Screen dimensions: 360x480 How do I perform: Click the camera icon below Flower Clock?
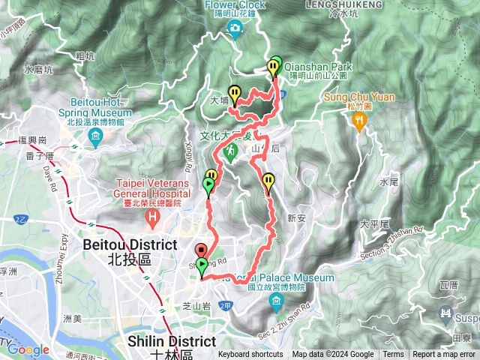point(235,28)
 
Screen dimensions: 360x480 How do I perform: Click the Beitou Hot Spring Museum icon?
point(95,137)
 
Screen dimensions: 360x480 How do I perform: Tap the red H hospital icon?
point(154,220)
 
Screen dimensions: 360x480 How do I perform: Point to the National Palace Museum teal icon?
point(275,302)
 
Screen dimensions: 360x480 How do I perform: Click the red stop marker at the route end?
point(200,251)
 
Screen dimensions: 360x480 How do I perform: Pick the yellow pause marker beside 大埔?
point(235,93)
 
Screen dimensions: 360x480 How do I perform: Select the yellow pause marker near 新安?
point(268,180)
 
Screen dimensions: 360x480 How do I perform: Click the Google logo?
point(28,349)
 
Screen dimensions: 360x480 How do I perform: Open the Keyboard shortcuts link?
point(250,355)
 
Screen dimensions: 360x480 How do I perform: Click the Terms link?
point(393,355)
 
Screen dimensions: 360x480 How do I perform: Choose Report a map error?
point(444,355)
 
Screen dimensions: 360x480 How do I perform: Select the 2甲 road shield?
point(226,306)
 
